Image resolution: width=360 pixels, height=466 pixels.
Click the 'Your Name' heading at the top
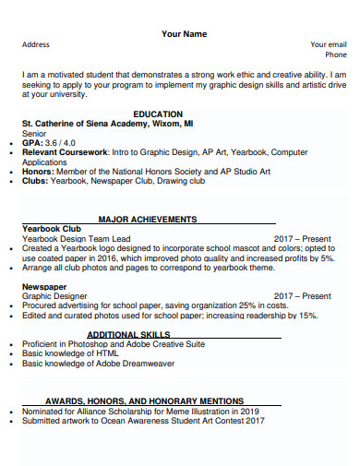point(185,34)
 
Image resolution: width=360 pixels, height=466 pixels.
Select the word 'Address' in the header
point(36,44)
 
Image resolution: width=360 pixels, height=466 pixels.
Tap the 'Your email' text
point(328,44)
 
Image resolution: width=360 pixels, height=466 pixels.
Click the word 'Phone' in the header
point(336,54)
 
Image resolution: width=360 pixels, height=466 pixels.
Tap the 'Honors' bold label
point(37,172)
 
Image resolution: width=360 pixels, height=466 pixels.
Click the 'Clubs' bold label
point(35,182)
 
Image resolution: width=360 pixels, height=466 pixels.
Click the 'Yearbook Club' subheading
point(52,229)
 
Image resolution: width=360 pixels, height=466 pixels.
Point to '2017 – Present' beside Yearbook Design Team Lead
point(302,239)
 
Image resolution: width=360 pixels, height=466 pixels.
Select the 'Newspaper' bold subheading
point(43,287)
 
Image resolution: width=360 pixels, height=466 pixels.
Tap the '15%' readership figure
point(308,317)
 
